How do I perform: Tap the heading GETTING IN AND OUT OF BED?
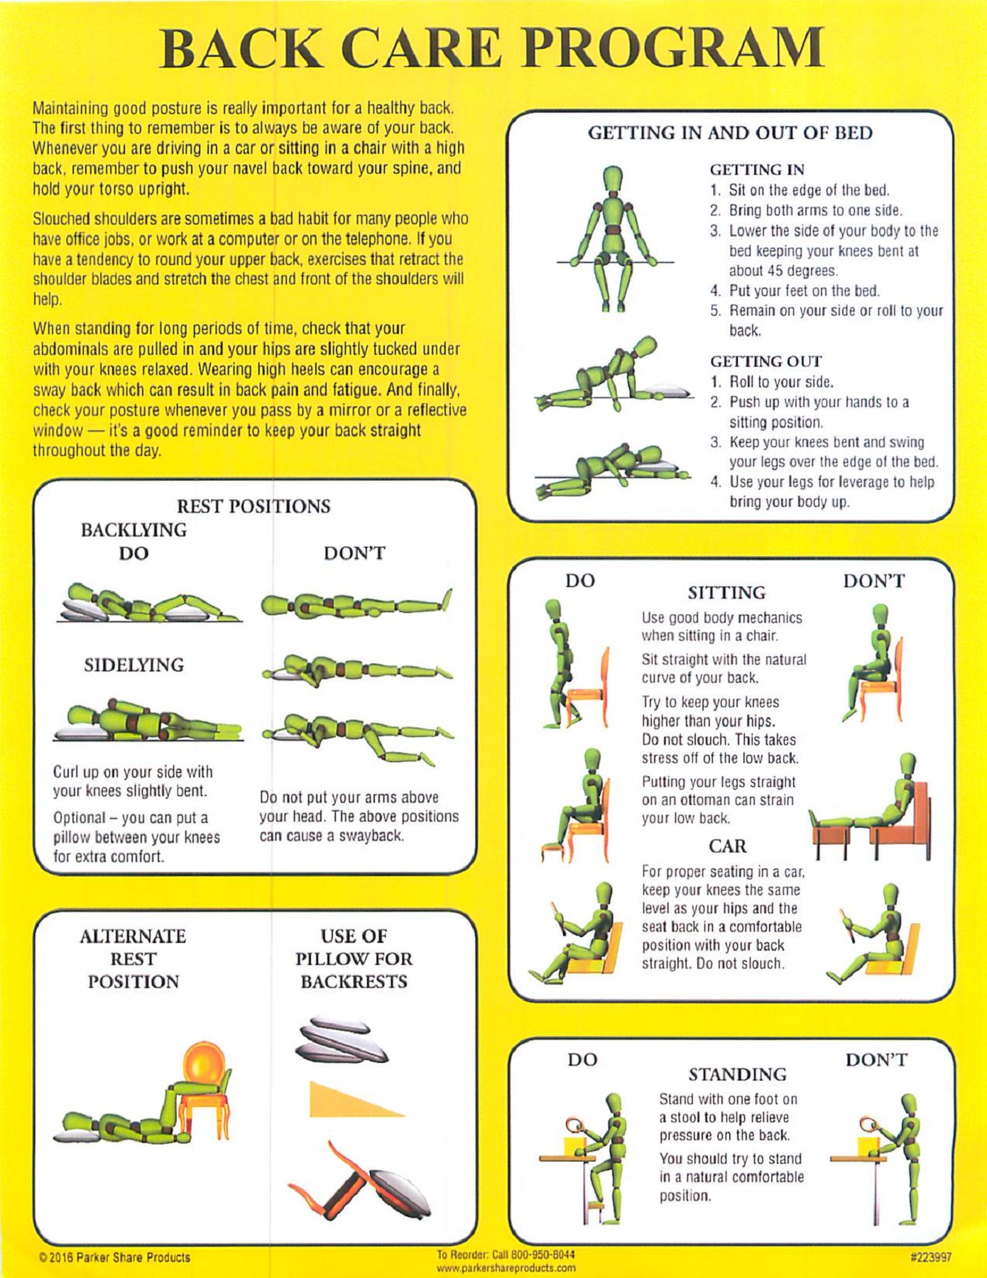(730, 133)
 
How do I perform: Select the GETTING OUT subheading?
(766, 361)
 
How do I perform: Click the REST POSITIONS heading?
(253, 506)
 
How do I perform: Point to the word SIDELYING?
(134, 665)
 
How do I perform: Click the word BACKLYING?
(133, 530)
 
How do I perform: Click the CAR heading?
(728, 846)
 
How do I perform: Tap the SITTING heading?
(726, 593)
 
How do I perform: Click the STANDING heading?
(737, 1074)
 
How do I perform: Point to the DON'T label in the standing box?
(876, 1060)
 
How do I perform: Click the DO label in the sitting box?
(580, 581)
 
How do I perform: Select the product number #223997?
(930, 1257)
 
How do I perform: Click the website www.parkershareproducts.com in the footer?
(506, 1267)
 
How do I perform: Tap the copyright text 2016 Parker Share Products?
(115, 1257)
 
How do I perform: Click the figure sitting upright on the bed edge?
(612, 238)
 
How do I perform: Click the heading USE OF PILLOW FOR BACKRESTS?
(354, 958)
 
